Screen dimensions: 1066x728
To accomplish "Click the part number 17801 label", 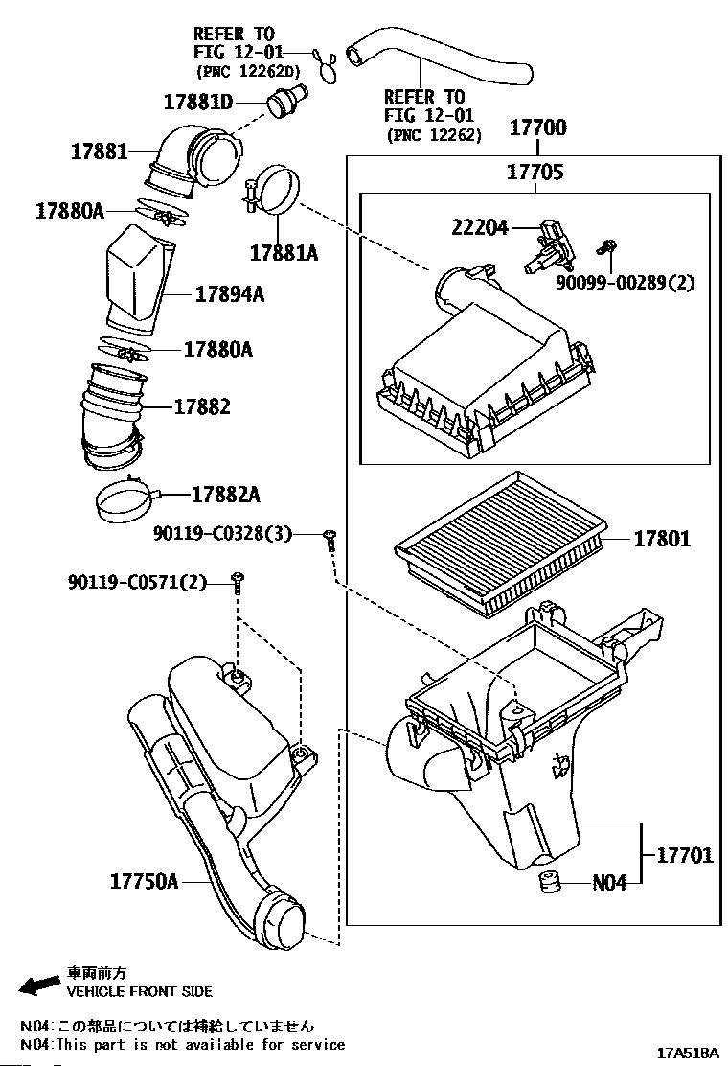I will [661, 540].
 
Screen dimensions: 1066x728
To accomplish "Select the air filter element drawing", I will [498, 542].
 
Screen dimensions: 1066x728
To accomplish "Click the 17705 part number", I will [535, 173].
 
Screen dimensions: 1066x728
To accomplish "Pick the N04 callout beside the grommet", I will [608, 883].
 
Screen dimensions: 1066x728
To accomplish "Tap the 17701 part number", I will [685, 854].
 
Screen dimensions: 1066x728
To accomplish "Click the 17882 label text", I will [202, 406].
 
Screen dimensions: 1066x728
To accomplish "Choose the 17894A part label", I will [230, 294].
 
